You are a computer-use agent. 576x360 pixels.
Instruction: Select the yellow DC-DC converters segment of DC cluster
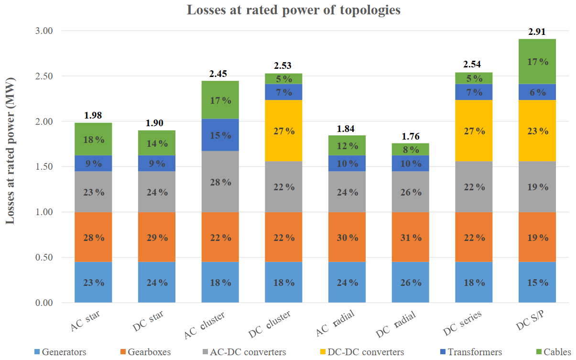click(x=283, y=131)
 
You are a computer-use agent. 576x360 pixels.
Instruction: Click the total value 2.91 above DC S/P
click(x=537, y=33)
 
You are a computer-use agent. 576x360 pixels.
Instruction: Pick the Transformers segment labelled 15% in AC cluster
click(x=220, y=135)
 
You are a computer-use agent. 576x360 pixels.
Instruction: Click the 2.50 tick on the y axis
click(x=45, y=76)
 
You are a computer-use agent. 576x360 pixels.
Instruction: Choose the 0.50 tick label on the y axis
click(x=45, y=258)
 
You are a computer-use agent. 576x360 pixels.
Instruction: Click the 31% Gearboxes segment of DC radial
click(x=411, y=238)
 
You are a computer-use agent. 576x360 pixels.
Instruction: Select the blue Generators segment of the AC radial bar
click(x=347, y=282)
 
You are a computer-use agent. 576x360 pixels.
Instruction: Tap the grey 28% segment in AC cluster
click(x=220, y=182)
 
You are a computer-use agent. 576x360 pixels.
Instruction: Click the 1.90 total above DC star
click(x=157, y=123)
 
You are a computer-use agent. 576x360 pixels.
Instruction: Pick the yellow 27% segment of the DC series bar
click(x=474, y=131)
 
